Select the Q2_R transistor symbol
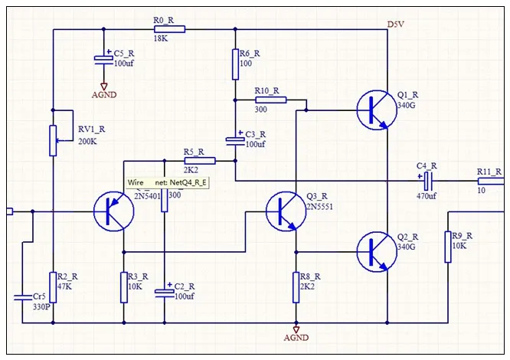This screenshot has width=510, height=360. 376,250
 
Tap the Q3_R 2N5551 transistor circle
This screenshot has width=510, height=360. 285,211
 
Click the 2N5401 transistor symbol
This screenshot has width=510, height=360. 113,211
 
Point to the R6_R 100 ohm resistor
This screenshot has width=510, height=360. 235,64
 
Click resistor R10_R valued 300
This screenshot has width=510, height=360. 271,99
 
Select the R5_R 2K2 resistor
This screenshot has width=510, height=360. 201,161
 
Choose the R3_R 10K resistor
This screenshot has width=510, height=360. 123,287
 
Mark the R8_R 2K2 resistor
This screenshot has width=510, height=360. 296,286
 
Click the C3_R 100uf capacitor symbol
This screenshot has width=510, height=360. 235,139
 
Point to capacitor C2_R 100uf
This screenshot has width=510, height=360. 164,291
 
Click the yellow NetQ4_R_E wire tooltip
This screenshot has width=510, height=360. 168,183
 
